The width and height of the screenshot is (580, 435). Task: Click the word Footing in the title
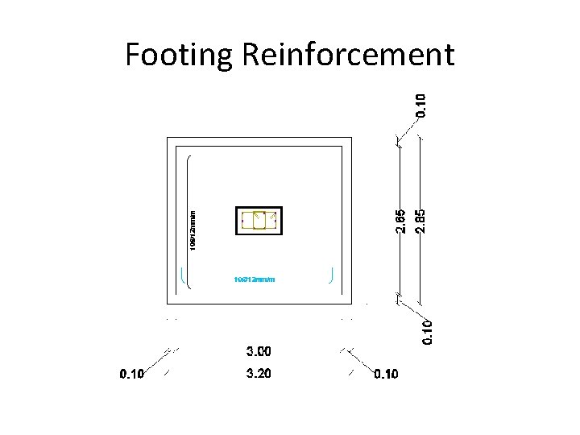179,55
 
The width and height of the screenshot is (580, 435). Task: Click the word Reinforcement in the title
347,55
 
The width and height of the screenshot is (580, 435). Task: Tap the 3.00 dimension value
259,351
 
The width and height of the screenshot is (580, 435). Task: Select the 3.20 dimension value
259,374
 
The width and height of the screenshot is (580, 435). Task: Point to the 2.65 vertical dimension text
400,222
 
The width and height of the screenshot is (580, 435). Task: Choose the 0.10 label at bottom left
132,374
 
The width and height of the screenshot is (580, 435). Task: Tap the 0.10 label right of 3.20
386,374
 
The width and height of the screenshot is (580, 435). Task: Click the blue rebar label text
255,280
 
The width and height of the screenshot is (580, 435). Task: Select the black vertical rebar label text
193,230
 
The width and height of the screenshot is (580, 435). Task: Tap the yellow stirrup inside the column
259,220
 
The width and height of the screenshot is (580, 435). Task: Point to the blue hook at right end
332,275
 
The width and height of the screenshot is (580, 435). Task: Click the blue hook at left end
184,277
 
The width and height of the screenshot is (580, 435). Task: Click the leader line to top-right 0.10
407,132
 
